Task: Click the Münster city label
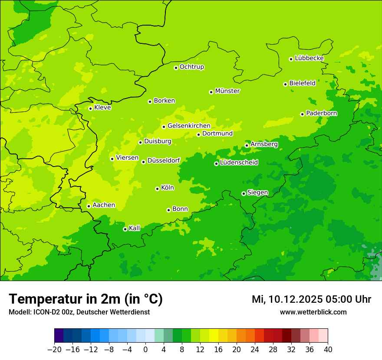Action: pyautogui.click(x=227, y=91)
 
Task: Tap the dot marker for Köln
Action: pyautogui.click(x=157, y=189)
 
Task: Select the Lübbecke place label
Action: pyautogui.click(x=309, y=58)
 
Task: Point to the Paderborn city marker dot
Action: pyautogui.click(x=302, y=114)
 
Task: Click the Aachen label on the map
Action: pyautogui.click(x=104, y=205)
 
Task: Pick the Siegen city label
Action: pyautogui.click(x=257, y=193)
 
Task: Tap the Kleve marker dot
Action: pyautogui.click(x=90, y=108)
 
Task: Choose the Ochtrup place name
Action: pyautogui.click(x=192, y=67)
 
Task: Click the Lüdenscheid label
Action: pyautogui.click(x=239, y=163)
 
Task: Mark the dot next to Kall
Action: pyautogui.click(x=125, y=229)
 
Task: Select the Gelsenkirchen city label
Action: pyautogui.click(x=189, y=126)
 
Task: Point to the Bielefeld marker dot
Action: pyautogui.click(x=285, y=84)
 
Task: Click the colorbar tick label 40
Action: pyautogui.click(x=328, y=350)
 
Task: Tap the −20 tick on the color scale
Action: pyautogui.click(x=54, y=350)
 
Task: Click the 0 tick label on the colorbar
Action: pyautogui.click(x=145, y=350)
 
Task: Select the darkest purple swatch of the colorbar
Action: pyautogui.click(x=59, y=336)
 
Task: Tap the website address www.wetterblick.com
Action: pyautogui.click(x=313, y=312)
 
